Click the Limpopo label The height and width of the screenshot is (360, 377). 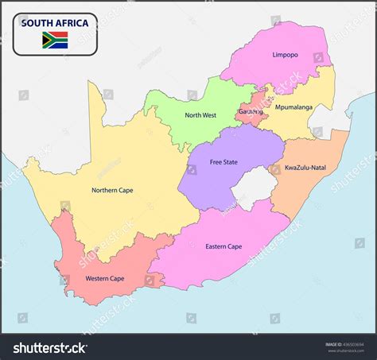tap(286, 55)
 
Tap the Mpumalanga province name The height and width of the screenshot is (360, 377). tap(294, 106)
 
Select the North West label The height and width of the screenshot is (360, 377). tap(200, 115)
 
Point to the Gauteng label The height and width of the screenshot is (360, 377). tap(250, 112)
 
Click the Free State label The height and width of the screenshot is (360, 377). tap(223, 162)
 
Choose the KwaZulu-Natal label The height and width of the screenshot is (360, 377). tap(305, 168)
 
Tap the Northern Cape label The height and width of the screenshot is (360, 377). tap(112, 190)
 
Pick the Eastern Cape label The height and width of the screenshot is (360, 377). tap(223, 246)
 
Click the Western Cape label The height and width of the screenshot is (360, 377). tap(105, 279)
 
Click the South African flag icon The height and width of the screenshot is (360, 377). tap(55, 40)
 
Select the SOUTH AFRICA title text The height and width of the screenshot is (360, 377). tap(55, 23)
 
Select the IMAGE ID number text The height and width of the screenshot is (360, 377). tap(350, 344)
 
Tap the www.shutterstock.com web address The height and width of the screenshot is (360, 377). tap(350, 351)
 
